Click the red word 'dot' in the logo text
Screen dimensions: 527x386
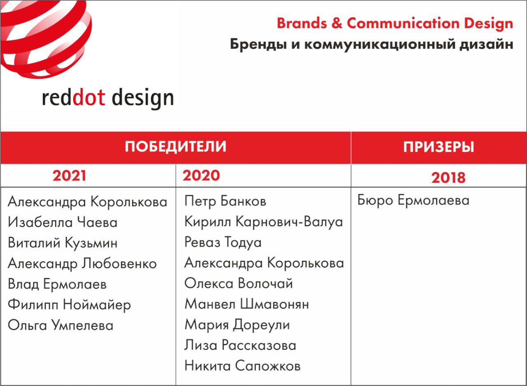coord(89,98)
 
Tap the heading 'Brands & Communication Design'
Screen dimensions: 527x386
coord(395,24)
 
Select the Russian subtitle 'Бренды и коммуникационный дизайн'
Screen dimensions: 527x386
coord(371,45)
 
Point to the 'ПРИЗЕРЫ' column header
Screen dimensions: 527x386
coord(438,147)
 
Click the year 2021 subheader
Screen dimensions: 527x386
coord(69,176)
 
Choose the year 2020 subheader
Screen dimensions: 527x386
coord(201,176)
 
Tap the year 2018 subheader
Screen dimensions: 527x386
coord(448,177)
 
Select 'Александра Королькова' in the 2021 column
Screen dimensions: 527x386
coord(88,202)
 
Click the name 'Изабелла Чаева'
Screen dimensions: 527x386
coord(63,222)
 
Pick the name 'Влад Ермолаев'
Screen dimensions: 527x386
coord(57,284)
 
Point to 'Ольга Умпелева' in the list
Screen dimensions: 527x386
coord(61,325)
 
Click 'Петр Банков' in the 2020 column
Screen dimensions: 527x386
coord(225,201)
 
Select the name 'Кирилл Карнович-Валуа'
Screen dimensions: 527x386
coord(263,222)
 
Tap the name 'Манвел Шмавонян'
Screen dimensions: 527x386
coord(247,304)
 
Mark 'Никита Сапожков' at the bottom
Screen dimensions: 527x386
coord(243,366)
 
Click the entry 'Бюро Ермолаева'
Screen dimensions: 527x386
coord(413,200)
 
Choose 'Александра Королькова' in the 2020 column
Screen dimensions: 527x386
coord(264,263)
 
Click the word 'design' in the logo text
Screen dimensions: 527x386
coord(143,99)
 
